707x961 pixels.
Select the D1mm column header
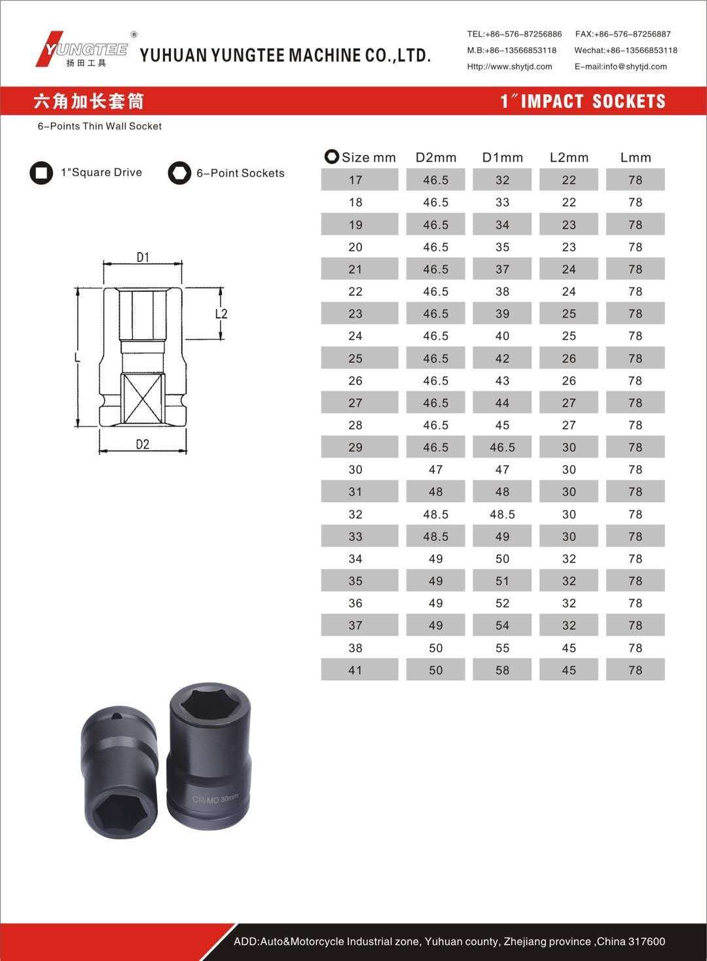click(502, 158)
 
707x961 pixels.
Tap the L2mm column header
click(569, 158)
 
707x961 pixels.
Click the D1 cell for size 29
click(502, 447)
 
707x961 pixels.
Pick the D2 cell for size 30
click(435, 469)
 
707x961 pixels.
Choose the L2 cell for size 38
click(569, 648)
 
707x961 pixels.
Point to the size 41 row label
click(355, 670)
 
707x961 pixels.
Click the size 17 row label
click(355, 180)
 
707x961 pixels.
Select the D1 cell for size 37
click(502, 625)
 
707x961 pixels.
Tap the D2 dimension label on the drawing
click(143, 444)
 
